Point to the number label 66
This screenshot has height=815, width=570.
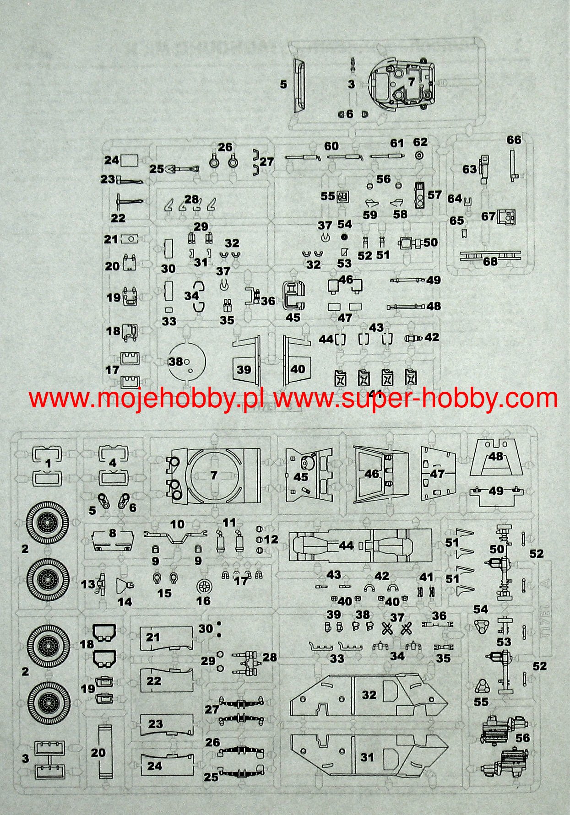(x=514, y=140)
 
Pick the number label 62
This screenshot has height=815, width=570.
(x=420, y=142)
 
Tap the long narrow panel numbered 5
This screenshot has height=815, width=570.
(x=299, y=85)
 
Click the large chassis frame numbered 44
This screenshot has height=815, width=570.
(x=359, y=545)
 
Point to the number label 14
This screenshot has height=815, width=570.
(x=125, y=602)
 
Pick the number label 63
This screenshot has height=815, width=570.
(x=469, y=169)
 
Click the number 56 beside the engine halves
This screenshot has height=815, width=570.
(x=522, y=738)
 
